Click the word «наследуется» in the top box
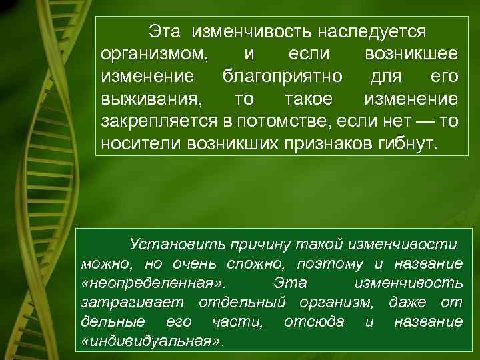click(x=372, y=31)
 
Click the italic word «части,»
click(x=236, y=322)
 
